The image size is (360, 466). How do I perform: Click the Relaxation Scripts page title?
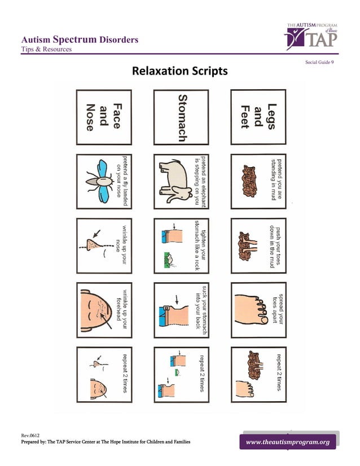179,72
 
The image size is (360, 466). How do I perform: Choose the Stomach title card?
182,117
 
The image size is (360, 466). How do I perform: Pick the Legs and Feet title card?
258,117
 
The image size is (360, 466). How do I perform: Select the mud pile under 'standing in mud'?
249,181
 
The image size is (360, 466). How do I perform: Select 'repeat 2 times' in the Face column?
124,373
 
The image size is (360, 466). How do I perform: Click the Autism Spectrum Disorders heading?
79,39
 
